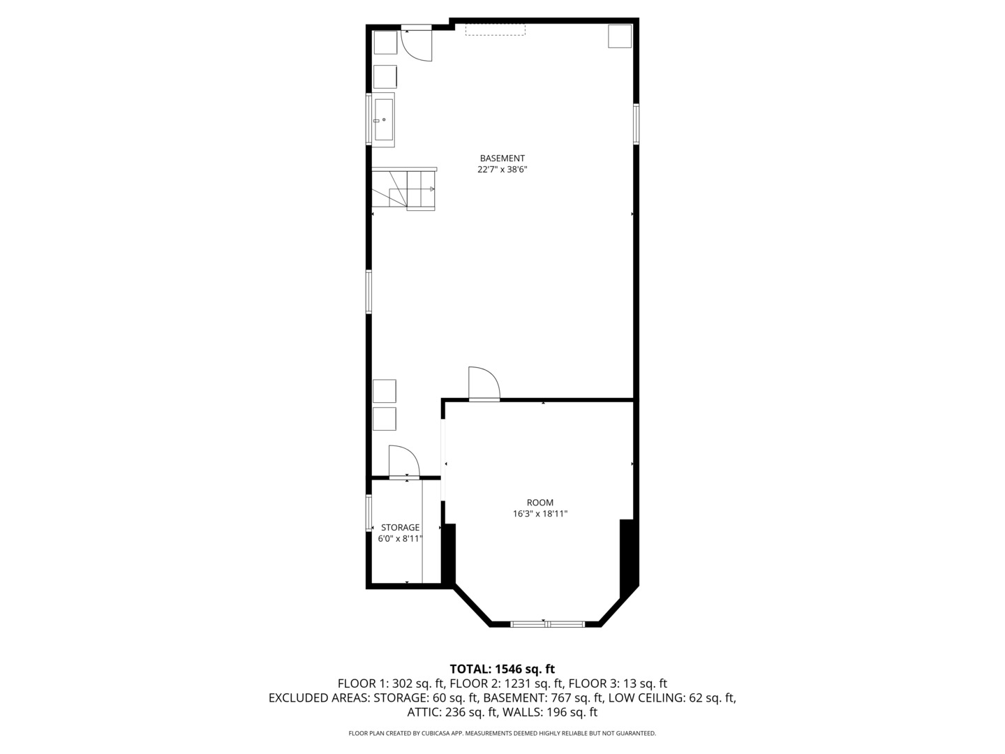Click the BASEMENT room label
[502, 158]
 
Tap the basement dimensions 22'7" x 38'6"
[502, 170]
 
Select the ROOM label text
[539, 502]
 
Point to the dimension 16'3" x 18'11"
[539, 514]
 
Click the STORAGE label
[400, 527]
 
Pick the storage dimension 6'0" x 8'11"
[400, 539]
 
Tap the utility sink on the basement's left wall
[382, 120]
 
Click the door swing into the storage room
[404, 461]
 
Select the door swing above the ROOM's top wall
[484, 384]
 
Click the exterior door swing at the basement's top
[417, 45]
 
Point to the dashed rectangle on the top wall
[496, 30]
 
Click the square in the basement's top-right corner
[620, 36]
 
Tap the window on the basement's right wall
[636, 124]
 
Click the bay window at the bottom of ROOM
[548, 623]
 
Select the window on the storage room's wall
[368, 512]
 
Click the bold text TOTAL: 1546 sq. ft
[502, 669]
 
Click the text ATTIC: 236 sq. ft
[452, 712]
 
